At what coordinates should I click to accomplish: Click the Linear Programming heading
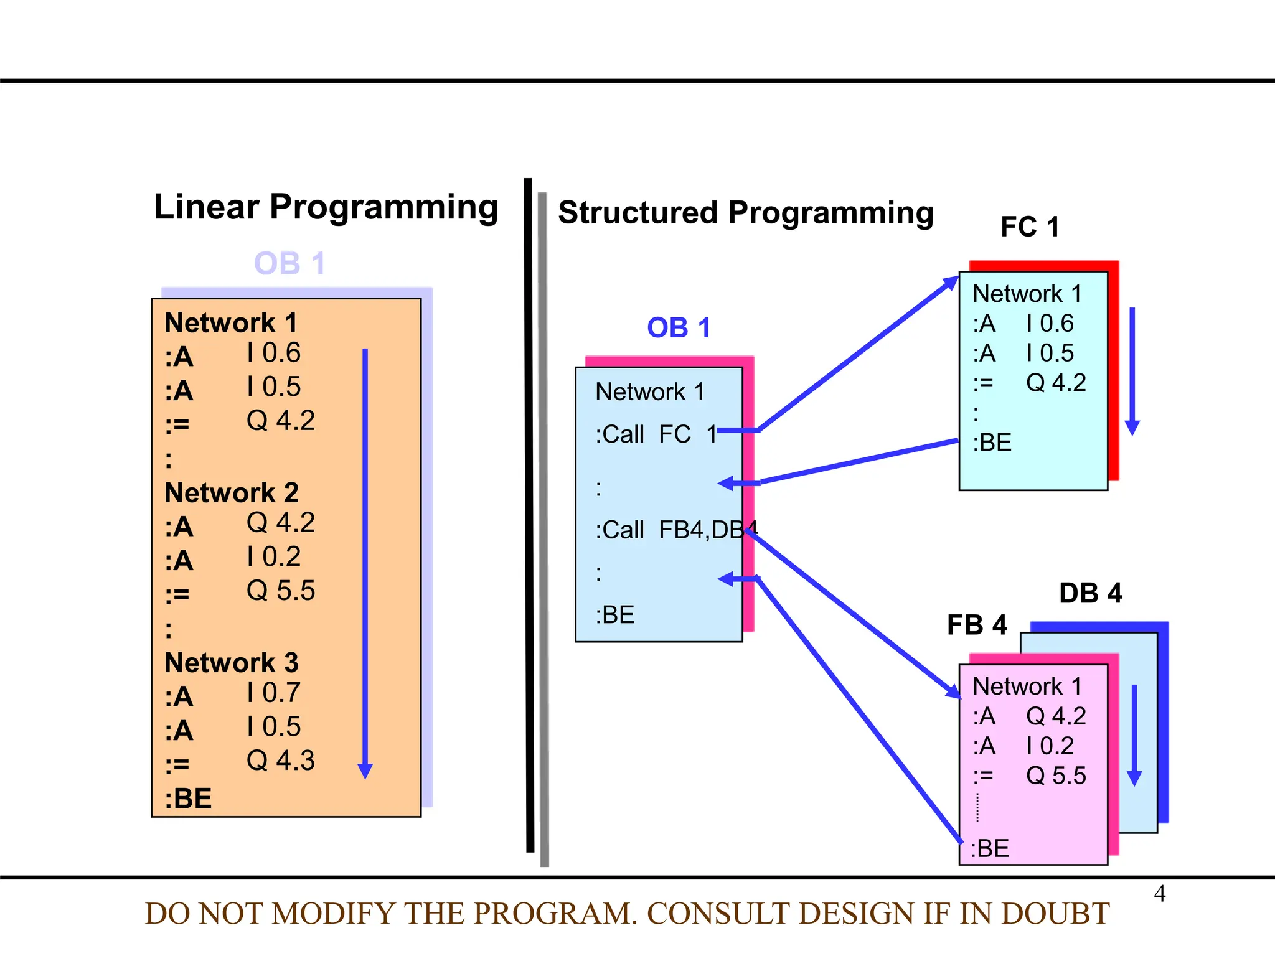click(x=326, y=207)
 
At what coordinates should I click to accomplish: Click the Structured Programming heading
click(x=745, y=213)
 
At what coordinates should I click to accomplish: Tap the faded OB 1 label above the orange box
click(x=289, y=263)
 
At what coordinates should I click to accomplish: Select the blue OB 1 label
click(x=678, y=328)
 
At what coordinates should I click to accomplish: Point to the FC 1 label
click(x=1030, y=227)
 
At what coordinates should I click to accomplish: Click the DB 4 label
click(x=1090, y=593)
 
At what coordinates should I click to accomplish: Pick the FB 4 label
click(x=977, y=625)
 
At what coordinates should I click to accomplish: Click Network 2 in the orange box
click(x=232, y=492)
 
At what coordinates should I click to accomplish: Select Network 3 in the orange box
click(x=232, y=663)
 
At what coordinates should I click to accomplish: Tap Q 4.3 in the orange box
click(x=281, y=761)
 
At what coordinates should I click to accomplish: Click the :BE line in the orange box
click(x=188, y=799)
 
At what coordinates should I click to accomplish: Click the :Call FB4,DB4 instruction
click(x=675, y=530)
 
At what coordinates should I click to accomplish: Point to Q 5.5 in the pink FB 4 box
click(x=1056, y=776)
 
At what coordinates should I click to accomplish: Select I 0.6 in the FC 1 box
click(x=1050, y=324)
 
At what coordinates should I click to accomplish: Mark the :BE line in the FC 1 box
click(x=992, y=443)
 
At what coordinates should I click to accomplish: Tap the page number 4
click(x=1159, y=894)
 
